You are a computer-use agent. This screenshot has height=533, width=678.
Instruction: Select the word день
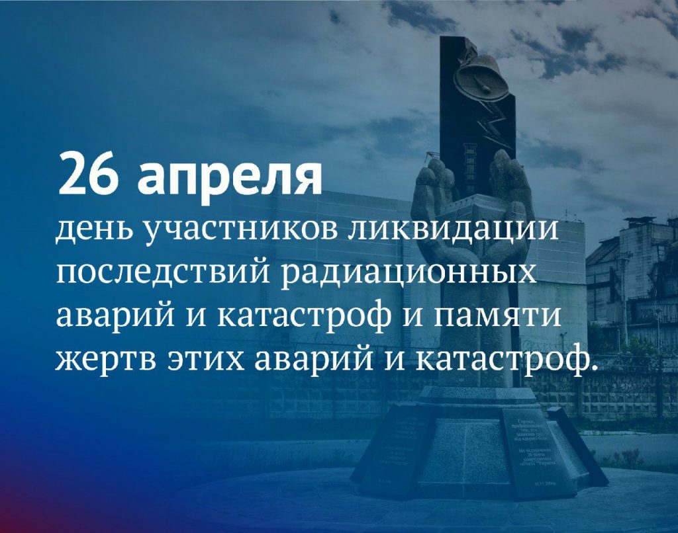coord(92,231)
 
